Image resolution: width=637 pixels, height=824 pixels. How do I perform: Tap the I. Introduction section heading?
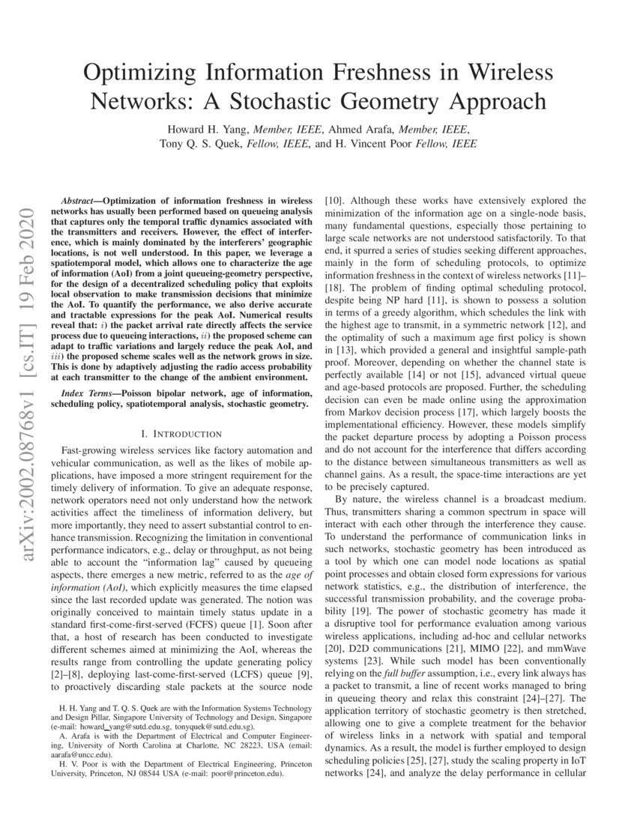point(181,434)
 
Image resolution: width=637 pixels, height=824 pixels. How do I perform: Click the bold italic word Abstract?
point(79,201)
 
